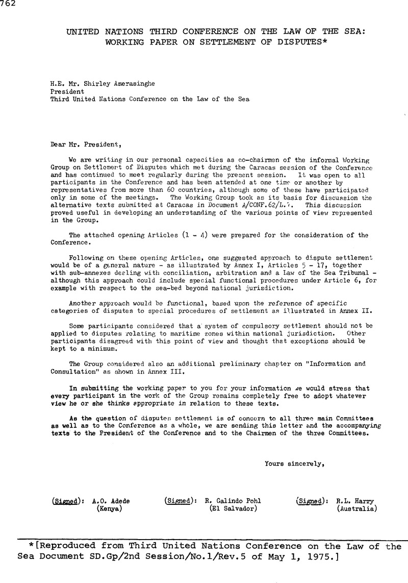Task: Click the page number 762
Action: tap(9, 5)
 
